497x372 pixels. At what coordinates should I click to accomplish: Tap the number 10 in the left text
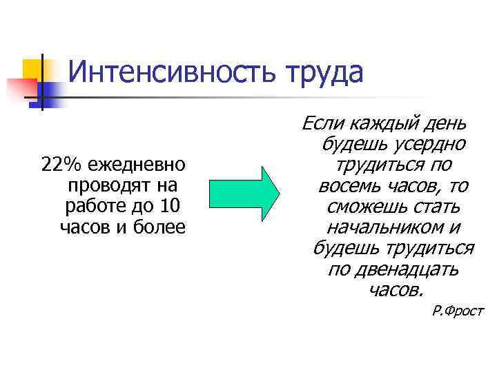[171, 206]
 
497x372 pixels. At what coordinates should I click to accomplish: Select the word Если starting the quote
[323, 124]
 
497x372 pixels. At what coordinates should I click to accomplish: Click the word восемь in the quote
[349, 187]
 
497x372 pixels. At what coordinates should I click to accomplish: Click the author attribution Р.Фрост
[458, 311]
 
